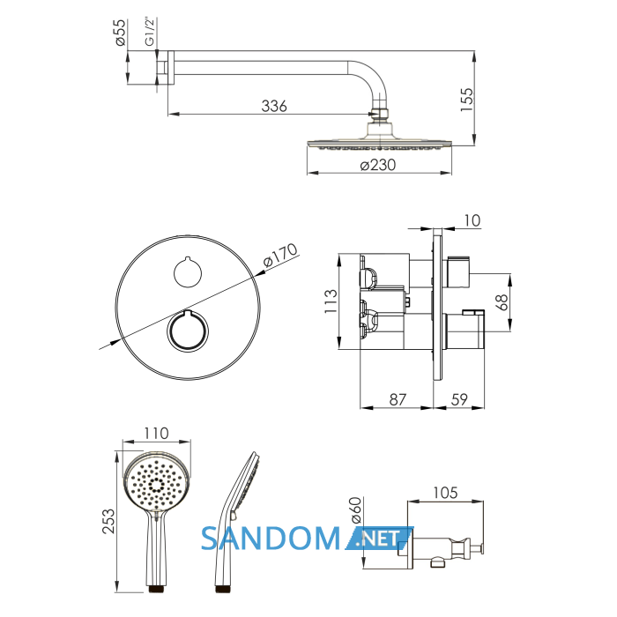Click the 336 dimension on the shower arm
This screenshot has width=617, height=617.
[274, 106]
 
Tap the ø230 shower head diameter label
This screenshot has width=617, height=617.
[378, 165]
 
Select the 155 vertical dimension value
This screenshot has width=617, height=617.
[466, 100]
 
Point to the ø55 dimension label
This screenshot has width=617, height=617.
[121, 33]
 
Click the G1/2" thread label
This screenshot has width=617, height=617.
[150, 32]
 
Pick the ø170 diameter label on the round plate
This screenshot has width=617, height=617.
[280, 255]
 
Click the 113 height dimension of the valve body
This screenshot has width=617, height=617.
[331, 301]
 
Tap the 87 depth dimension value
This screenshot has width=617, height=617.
[398, 399]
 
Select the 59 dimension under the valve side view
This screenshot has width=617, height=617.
[459, 399]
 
